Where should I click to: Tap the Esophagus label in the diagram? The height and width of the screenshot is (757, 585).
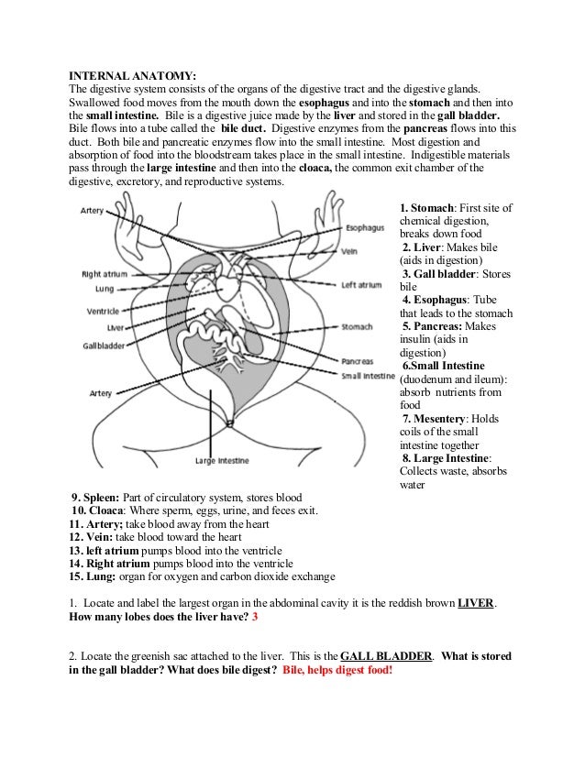tap(366, 227)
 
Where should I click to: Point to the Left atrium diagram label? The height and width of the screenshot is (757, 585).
tap(360, 285)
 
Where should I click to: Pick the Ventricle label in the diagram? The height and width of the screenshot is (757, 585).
tap(103, 311)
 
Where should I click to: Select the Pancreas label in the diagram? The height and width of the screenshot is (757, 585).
tap(357, 361)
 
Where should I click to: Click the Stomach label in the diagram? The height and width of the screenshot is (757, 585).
tap(356, 326)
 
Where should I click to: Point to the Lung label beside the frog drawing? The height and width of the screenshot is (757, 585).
tap(97, 288)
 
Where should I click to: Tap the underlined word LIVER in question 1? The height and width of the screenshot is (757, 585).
tap(475, 603)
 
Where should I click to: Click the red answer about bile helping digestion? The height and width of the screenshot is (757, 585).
tap(337, 671)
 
